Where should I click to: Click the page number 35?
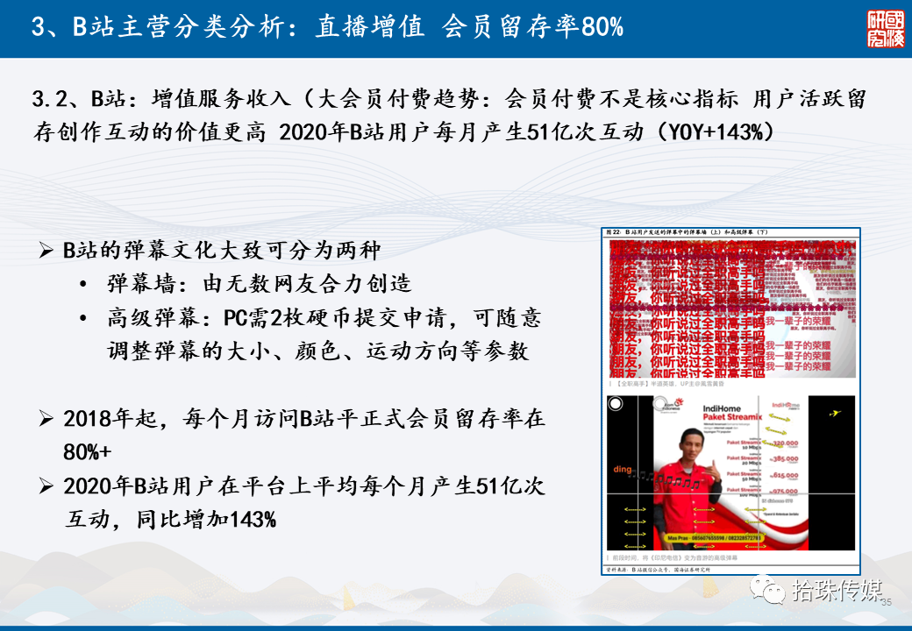886,602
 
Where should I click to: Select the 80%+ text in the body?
87,452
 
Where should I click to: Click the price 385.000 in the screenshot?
785,458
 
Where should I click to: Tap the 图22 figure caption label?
614,231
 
